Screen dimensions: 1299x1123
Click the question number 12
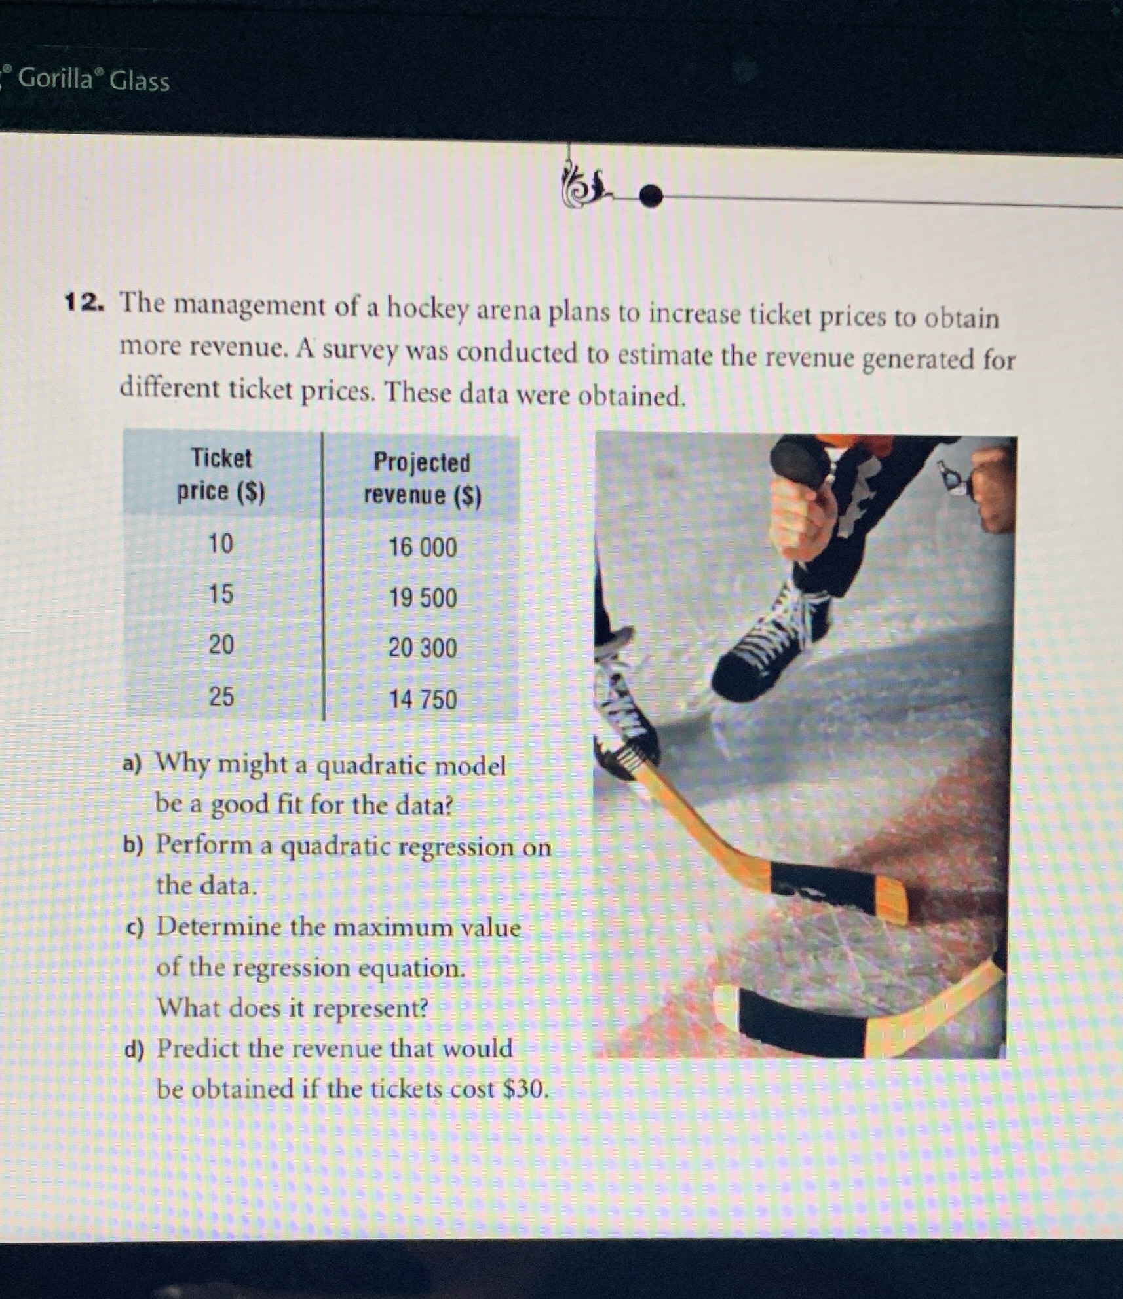83,303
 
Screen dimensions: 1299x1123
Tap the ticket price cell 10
221,544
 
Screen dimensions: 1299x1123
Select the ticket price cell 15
221,595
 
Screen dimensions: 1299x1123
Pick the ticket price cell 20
221,645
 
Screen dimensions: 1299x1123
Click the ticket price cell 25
221,696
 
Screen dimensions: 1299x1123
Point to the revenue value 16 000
423,548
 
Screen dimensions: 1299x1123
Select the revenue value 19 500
423,598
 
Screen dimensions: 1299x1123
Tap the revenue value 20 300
423,649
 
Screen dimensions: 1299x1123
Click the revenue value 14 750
423,700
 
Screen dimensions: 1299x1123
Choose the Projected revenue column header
423,479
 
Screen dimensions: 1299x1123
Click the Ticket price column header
221,474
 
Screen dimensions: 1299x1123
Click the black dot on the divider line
650,195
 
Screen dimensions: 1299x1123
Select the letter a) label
133,764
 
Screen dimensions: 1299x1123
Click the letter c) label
135,928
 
